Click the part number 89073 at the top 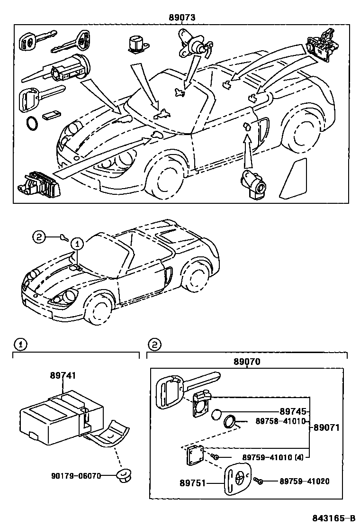[182, 18]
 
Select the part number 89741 [63, 375]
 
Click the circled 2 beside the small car [39, 236]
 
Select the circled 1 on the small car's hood [77, 244]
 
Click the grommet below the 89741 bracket [123, 475]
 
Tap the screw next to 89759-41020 [258, 482]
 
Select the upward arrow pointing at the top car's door [247, 151]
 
